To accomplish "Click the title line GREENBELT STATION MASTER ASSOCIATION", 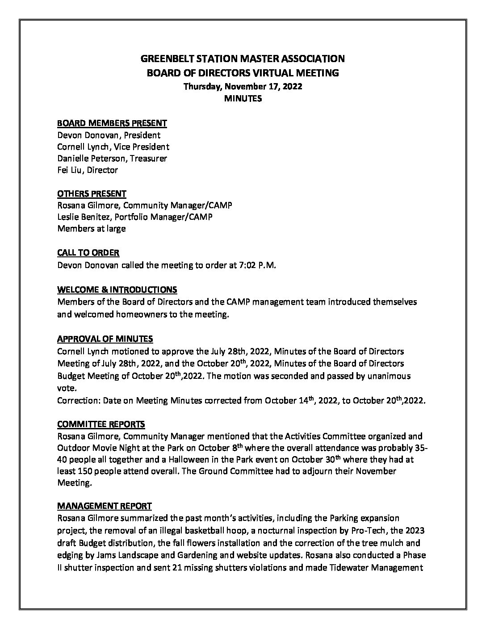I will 243,59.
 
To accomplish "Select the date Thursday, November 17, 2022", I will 243,87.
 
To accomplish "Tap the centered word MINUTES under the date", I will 243,99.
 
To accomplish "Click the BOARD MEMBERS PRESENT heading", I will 112,123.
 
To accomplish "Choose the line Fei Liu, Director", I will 88,170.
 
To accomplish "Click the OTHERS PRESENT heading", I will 92,193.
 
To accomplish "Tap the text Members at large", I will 92,229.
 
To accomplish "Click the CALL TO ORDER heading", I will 88,253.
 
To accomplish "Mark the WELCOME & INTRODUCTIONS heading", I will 117,289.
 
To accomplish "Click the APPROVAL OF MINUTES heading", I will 105,339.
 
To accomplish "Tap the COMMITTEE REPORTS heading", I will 101,424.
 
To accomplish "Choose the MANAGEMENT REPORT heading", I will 105,506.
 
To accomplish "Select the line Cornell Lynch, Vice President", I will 113,147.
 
